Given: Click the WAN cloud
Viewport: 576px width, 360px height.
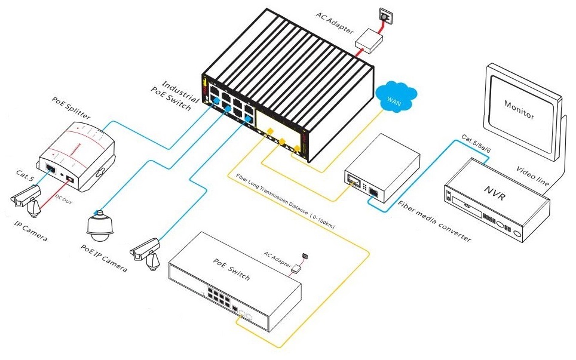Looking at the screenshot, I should (x=396, y=95).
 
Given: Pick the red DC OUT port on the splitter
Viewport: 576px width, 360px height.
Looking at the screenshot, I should (x=69, y=179).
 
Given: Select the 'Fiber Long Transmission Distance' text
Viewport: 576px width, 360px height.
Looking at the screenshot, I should (x=280, y=198).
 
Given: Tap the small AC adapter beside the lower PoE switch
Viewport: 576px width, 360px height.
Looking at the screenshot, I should (x=296, y=269).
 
